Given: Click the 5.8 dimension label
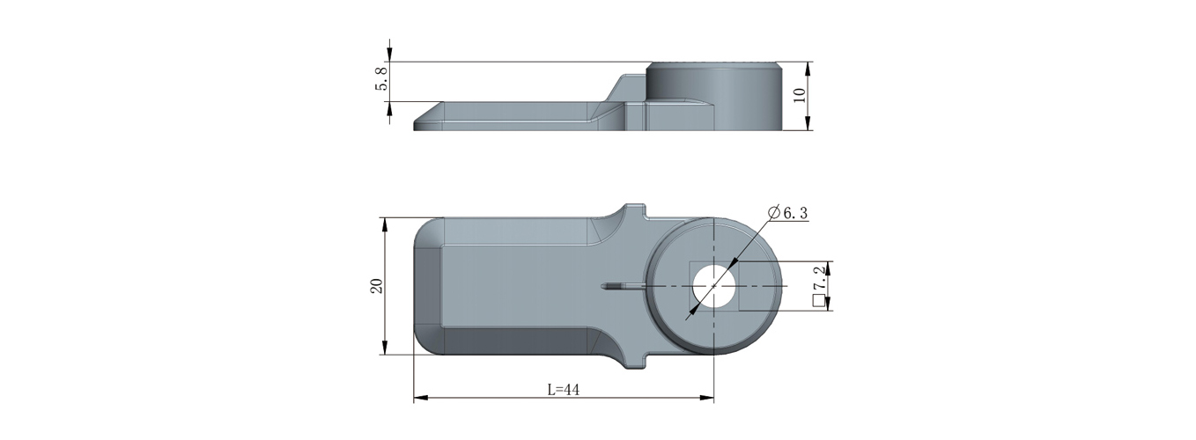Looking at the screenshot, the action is pos(381,78).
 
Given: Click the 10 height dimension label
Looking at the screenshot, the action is pos(800,96).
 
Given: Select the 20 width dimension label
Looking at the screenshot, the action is pos(376,286).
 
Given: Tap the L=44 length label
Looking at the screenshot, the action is pos(564,390).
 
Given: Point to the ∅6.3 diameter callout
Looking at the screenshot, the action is pos(787,212).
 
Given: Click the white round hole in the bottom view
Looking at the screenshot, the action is pos(714,286).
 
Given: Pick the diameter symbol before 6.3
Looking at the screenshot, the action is pos(773,212).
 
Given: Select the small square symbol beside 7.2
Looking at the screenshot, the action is pos(818,301).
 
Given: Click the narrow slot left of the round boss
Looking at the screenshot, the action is pos(624,287).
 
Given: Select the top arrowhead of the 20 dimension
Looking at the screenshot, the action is pos(384,225).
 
